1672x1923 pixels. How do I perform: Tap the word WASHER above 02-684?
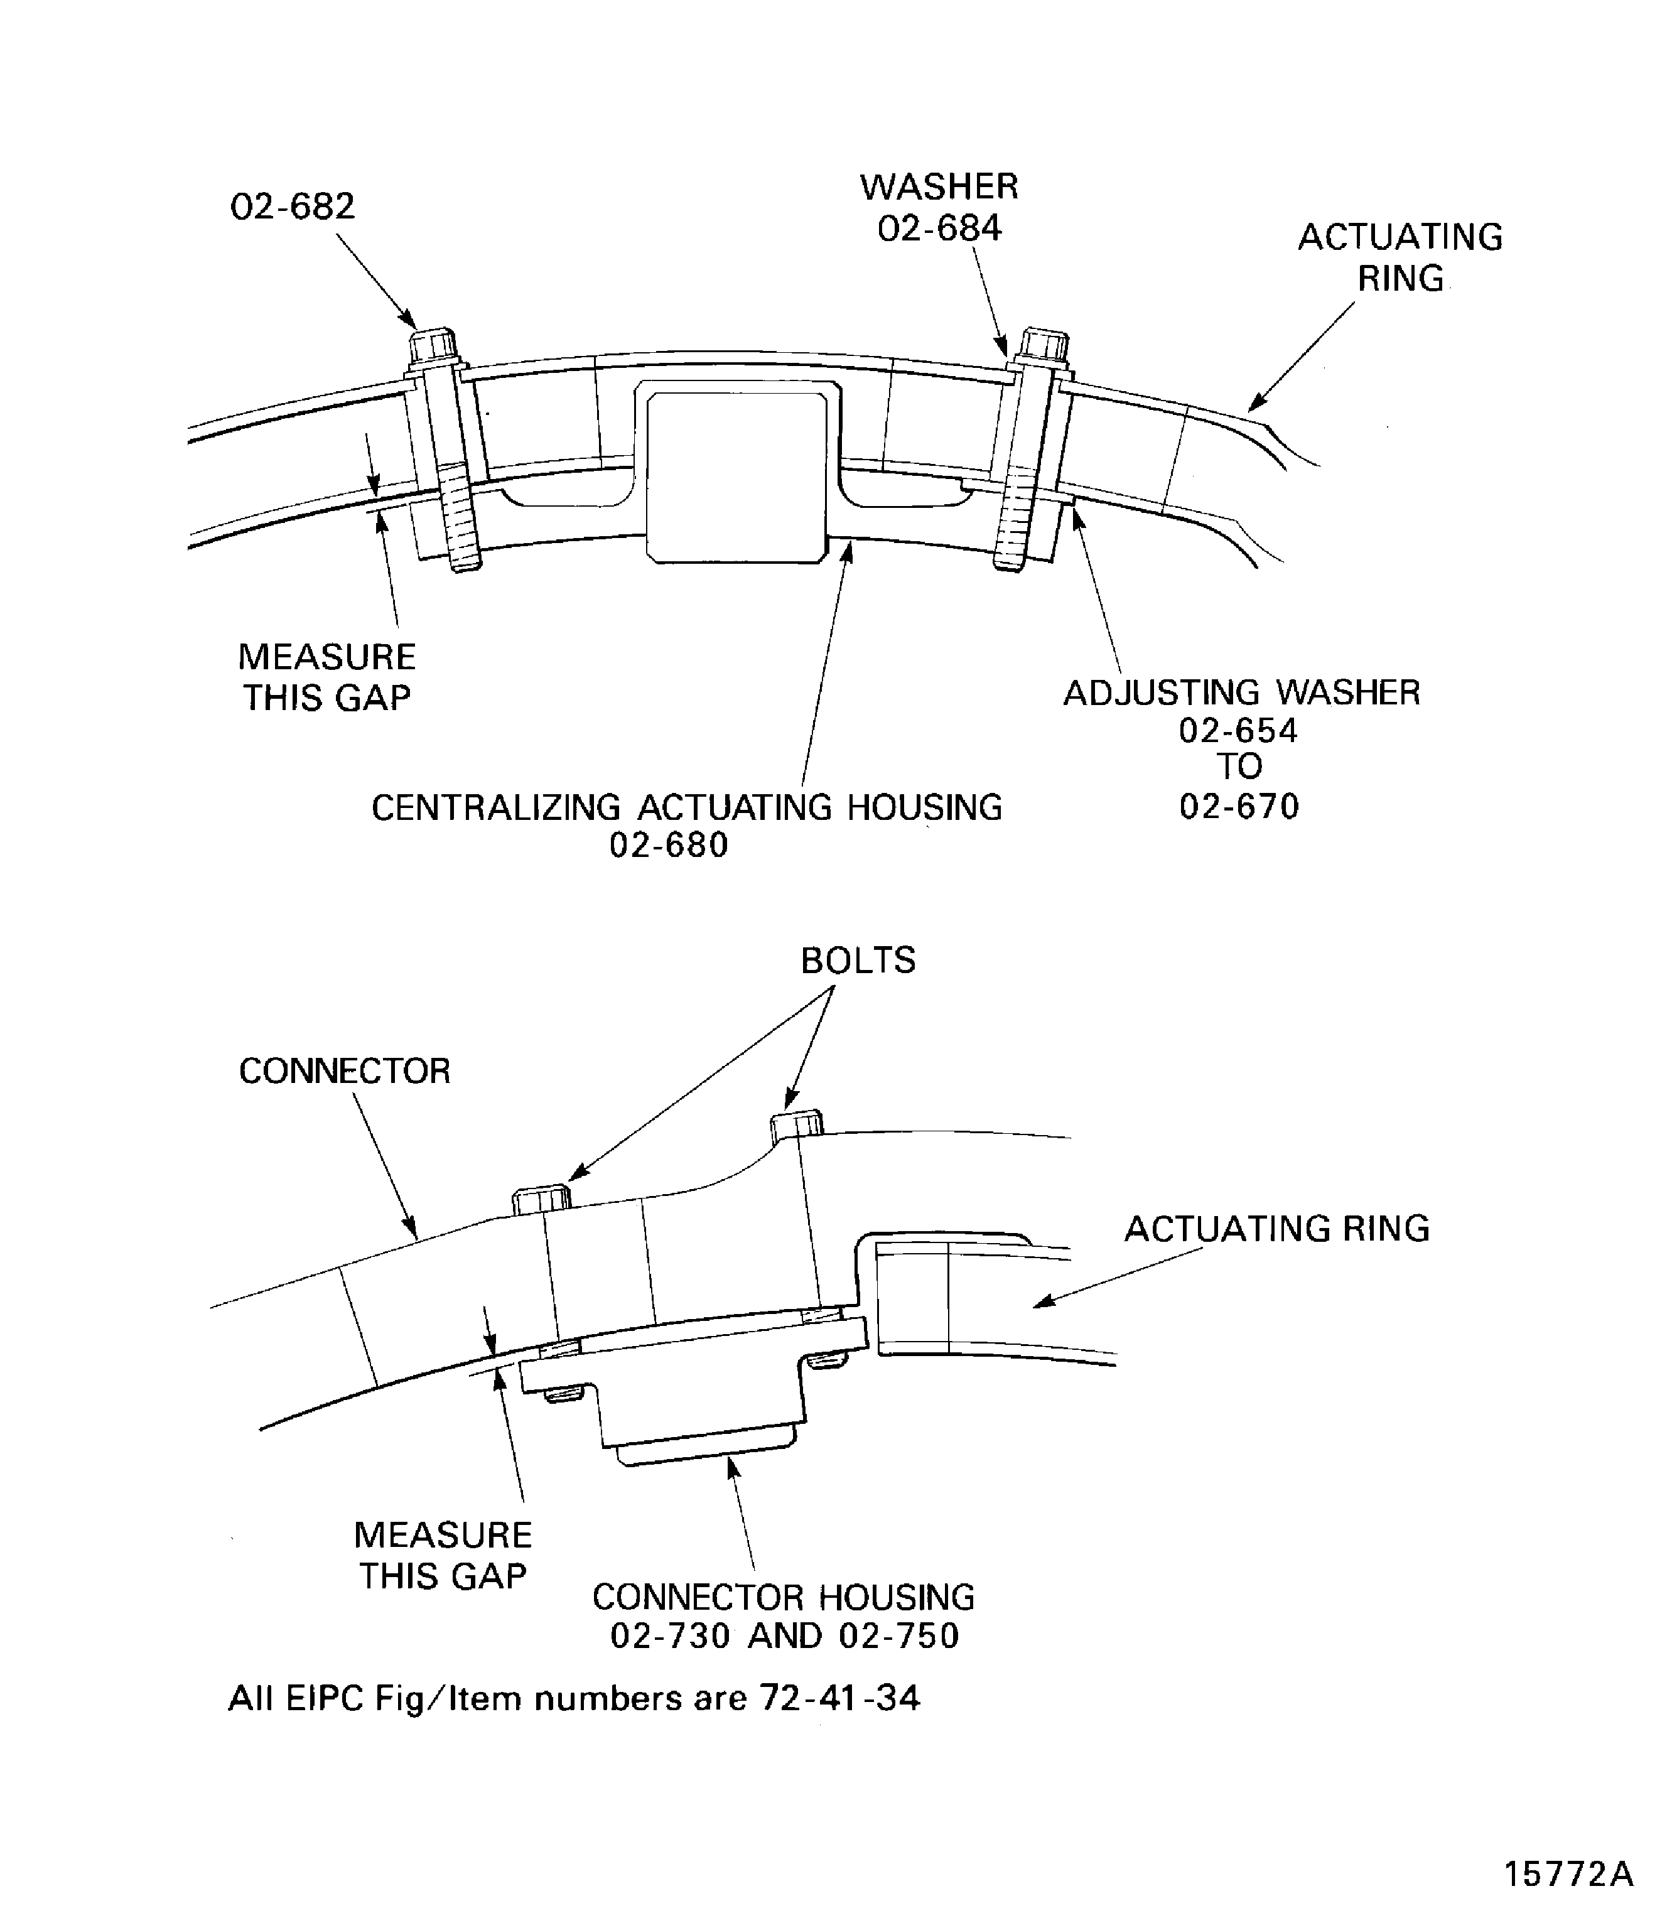(x=939, y=188)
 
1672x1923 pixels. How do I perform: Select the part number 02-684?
(x=939, y=229)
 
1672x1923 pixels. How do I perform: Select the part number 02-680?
(x=668, y=845)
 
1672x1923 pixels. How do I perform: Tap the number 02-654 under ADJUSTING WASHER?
(x=1238, y=731)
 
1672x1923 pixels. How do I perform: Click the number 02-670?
(x=1238, y=806)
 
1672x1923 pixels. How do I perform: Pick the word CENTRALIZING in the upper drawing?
(x=495, y=808)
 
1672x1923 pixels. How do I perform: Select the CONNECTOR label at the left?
(x=344, y=1071)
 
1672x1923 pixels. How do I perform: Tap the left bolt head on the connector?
(x=541, y=1199)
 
